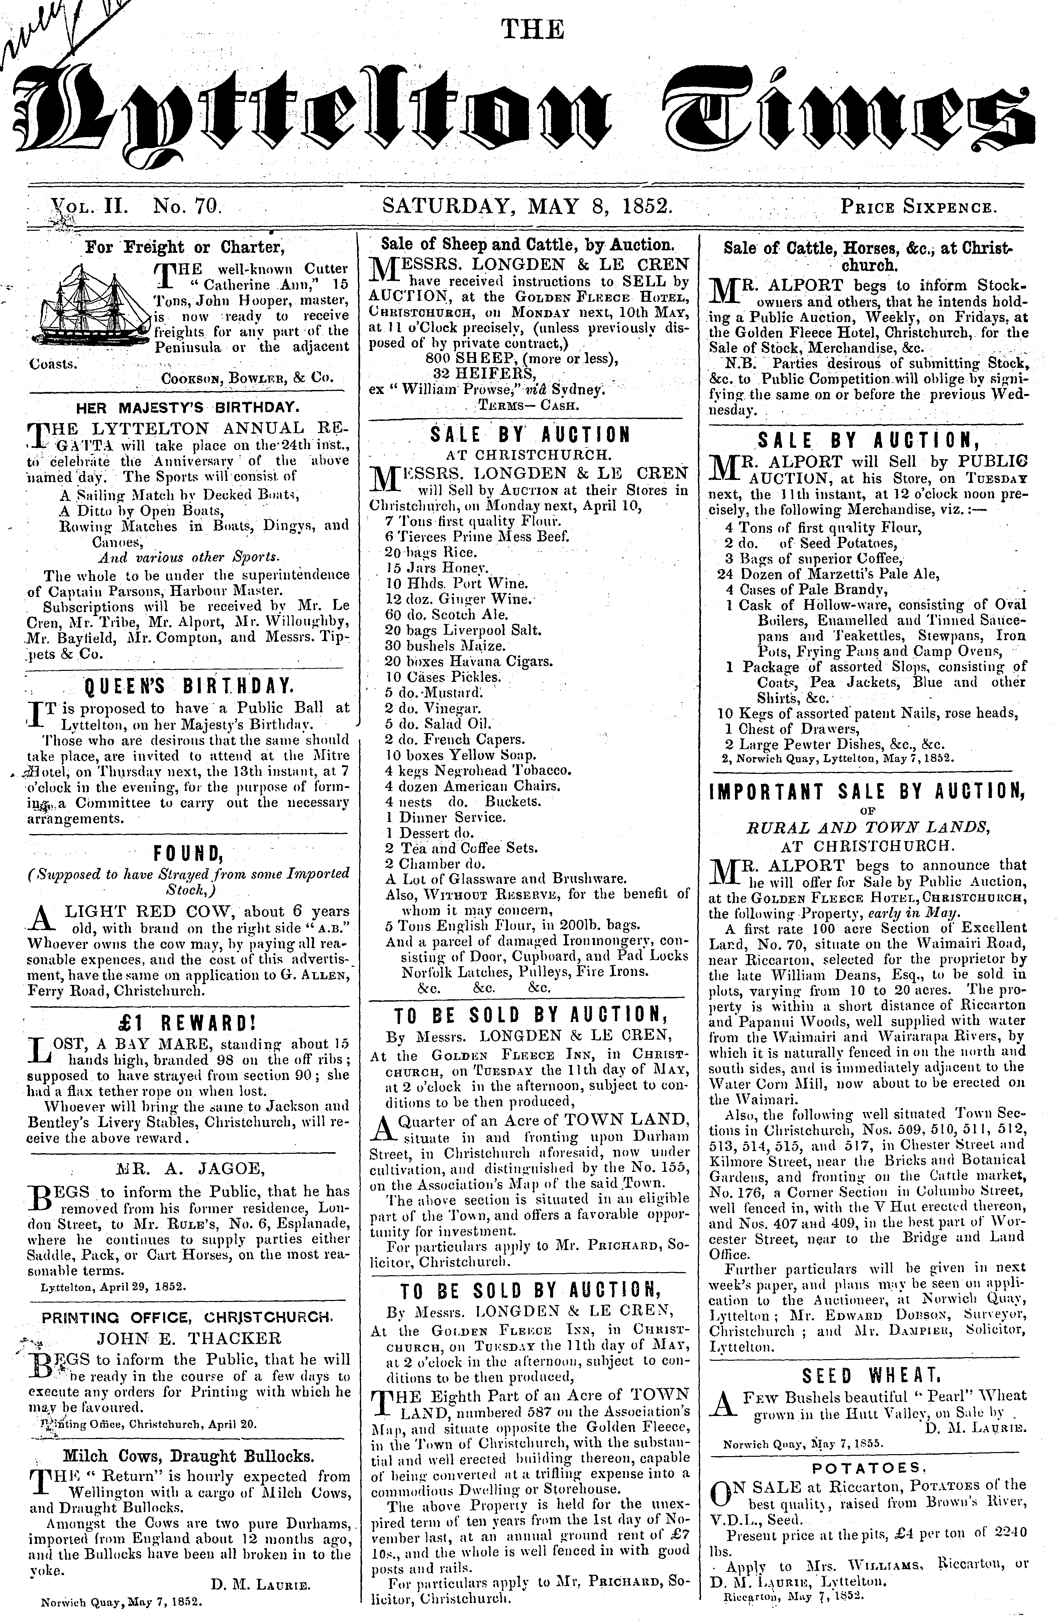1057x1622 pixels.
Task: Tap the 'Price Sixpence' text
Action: (920, 206)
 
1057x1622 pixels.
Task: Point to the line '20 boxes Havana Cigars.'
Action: (469, 661)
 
